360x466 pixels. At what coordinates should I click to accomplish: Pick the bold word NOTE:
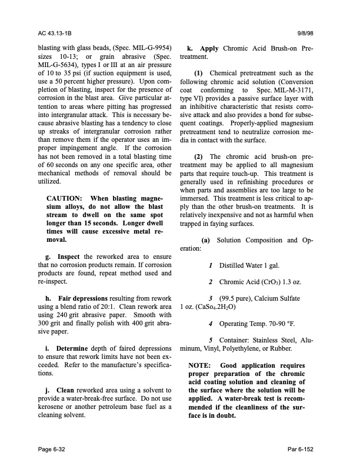click(x=202, y=365)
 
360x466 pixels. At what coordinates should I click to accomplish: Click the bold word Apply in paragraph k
click(x=209, y=46)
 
